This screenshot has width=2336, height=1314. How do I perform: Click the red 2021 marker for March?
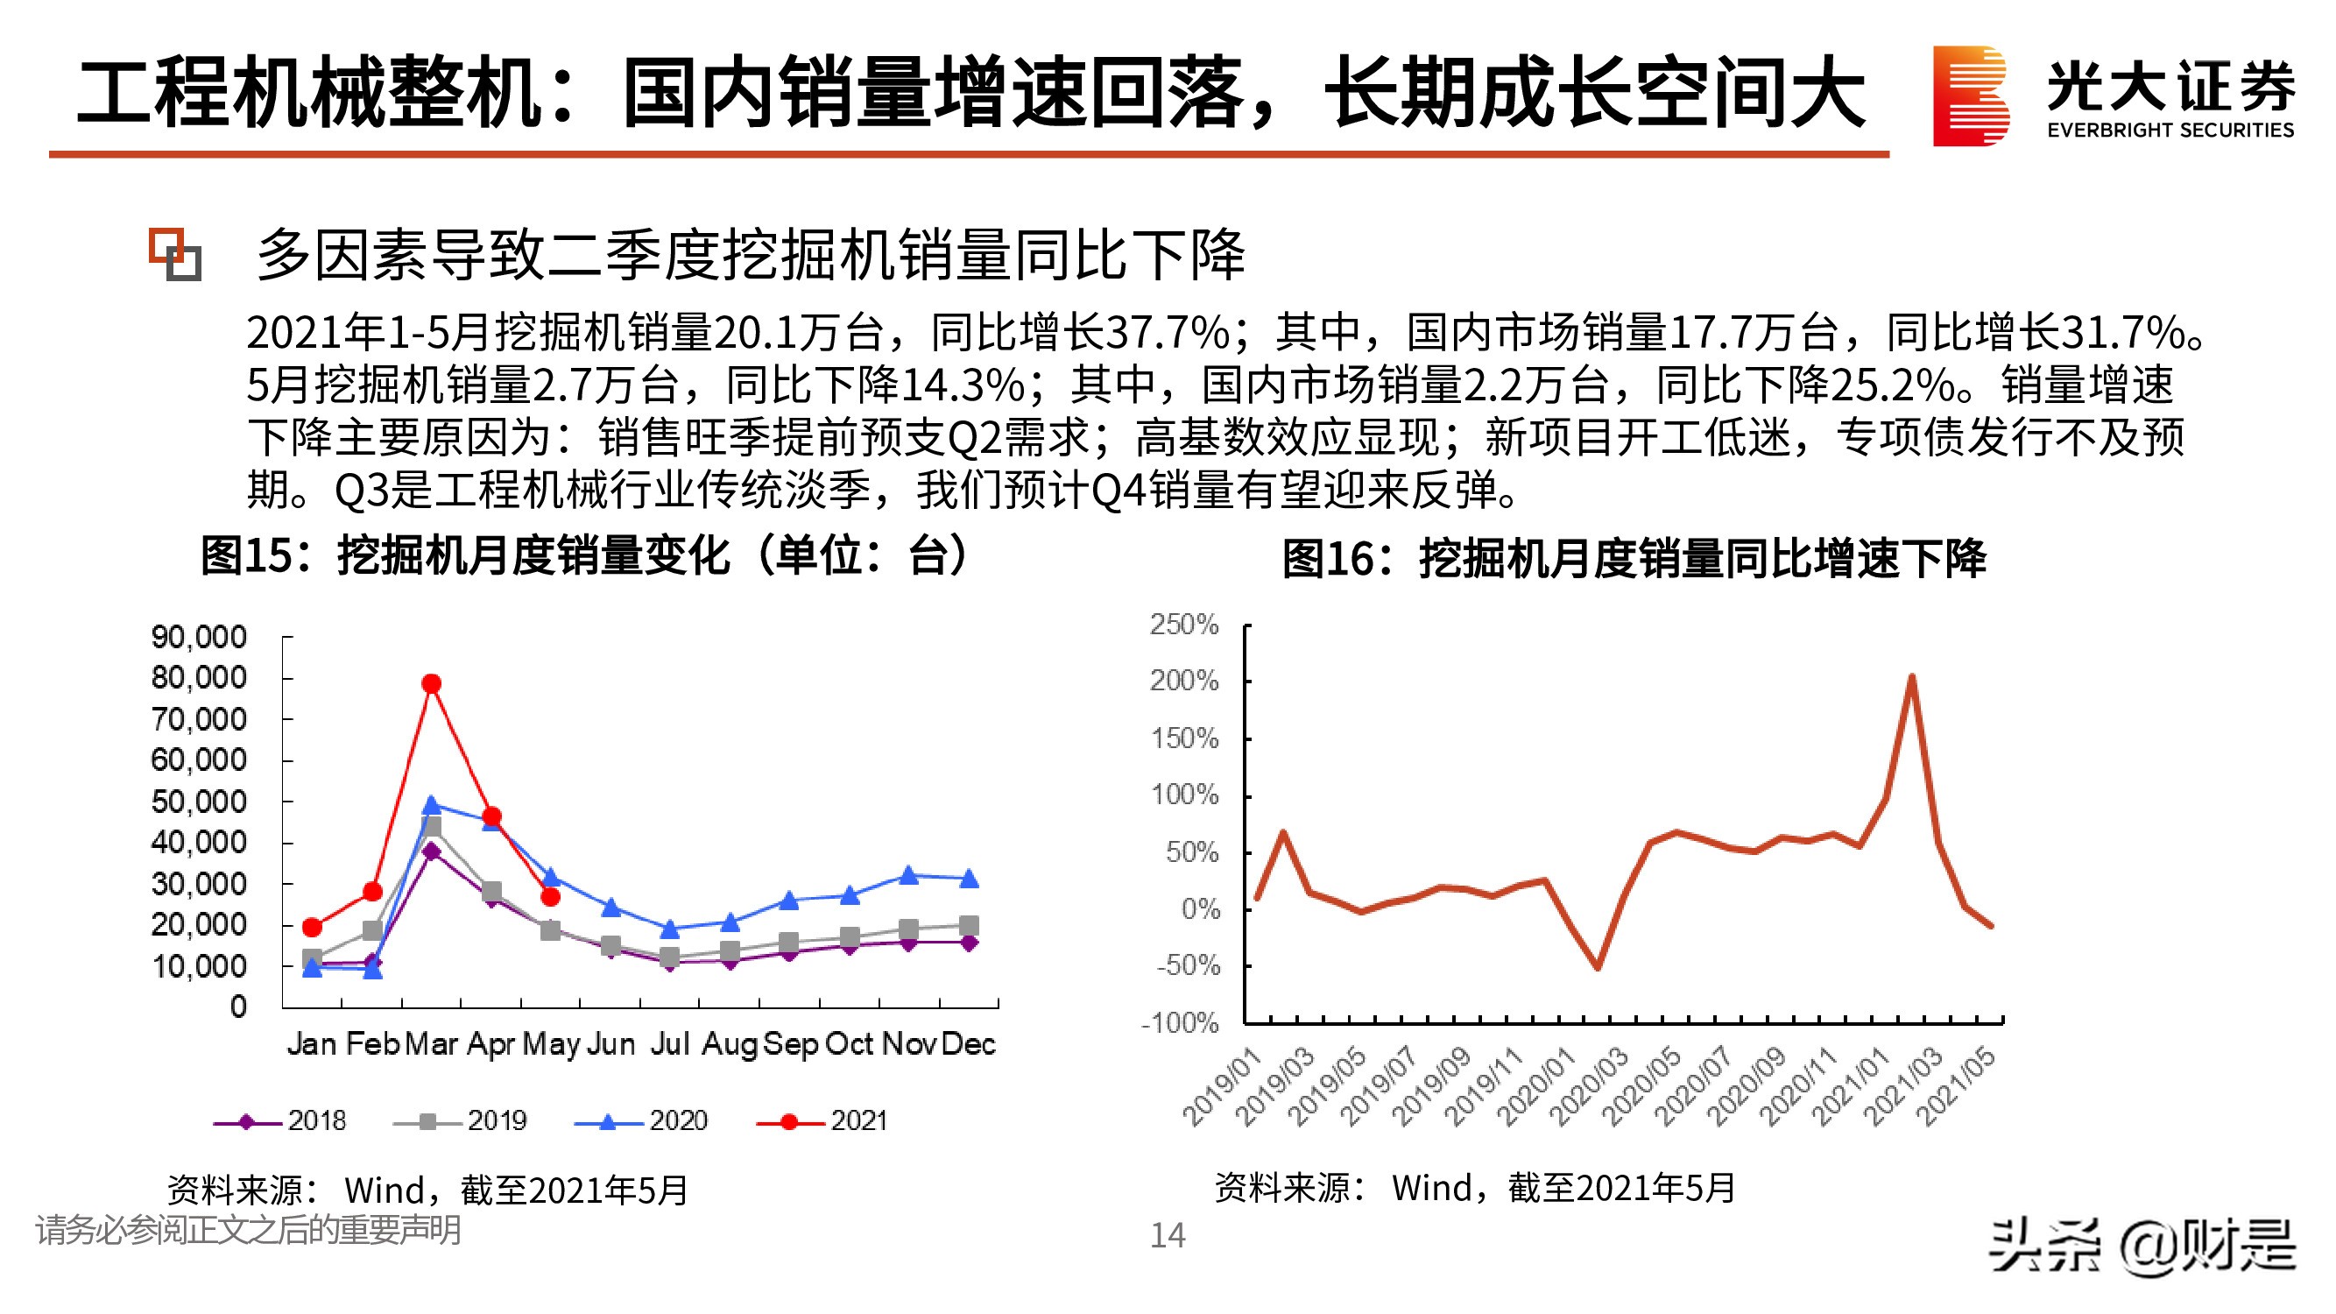click(x=432, y=684)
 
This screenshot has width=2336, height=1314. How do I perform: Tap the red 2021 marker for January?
click(x=312, y=927)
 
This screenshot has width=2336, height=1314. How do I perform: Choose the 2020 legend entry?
click(x=641, y=1121)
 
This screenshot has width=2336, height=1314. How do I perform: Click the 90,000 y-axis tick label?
click(x=199, y=637)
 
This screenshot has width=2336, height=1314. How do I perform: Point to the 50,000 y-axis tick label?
click(x=199, y=802)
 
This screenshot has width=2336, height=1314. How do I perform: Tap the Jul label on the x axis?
click(x=670, y=1044)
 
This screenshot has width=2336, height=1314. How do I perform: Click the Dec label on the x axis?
click(x=968, y=1044)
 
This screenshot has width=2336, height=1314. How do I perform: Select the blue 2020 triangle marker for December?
click(x=969, y=878)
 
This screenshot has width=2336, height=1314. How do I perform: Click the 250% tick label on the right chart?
click(x=1183, y=624)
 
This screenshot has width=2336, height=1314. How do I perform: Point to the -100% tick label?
click(x=1180, y=1023)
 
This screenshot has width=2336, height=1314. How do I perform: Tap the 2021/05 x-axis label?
click(x=1958, y=1086)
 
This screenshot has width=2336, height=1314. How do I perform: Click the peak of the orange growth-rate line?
click(x=1911, y=676)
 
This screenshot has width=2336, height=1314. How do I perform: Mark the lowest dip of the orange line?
click(x=1597, y=968)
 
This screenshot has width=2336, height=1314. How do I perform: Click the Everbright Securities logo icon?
click(x=1970, y=96)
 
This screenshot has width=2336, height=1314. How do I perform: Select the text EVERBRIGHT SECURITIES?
click(x=2170, y=131)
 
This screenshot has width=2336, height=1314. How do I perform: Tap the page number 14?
click(x=1167, y=1235)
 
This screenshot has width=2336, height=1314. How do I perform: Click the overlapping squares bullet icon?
click(x=175, y=255)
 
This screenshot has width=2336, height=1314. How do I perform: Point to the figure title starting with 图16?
click(x=1634, y=558)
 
